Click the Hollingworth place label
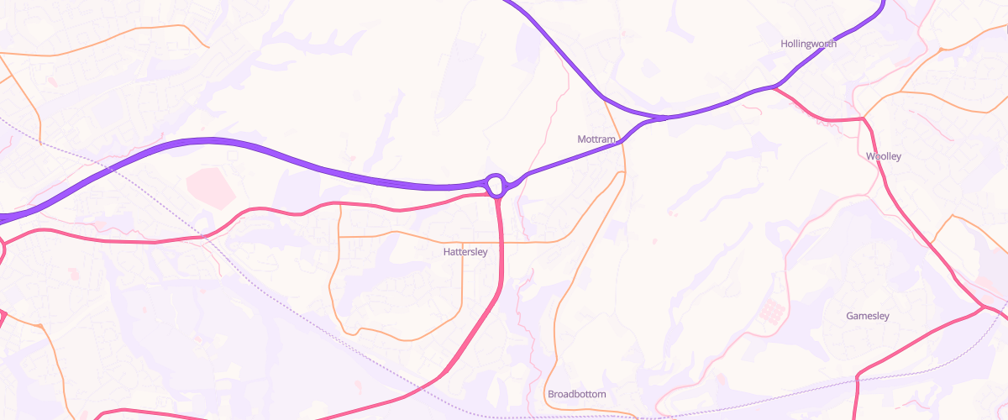pos(808,44)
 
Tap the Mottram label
pos(597,139)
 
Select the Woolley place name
pos(883,156)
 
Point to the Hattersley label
pos(465,251)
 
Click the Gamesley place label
pos(868,316)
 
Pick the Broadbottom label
pos(576,394)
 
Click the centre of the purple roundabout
pos(496,184)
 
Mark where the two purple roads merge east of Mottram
pos(664,118)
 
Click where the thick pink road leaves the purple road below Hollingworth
pos(774,87)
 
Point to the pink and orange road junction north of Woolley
pos(863,119)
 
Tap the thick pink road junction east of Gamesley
pos(982,308)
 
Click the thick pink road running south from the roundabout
pos(501,252)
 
